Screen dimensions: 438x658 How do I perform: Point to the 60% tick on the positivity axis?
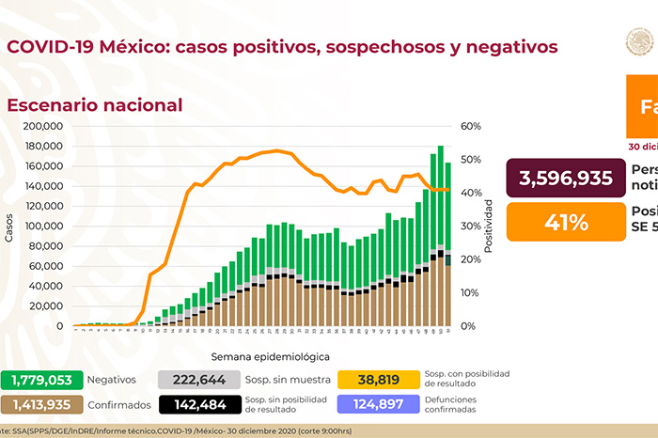[471, 126]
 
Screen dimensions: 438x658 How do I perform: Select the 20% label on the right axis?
[471, 259]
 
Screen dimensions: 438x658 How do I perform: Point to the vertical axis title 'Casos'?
[9, 228]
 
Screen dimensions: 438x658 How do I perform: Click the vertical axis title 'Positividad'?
[490, 227]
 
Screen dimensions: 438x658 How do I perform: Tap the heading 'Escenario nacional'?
[95, 105]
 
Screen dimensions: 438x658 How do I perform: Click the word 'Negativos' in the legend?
[112, 380]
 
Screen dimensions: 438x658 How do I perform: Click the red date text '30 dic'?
[643, 147]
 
